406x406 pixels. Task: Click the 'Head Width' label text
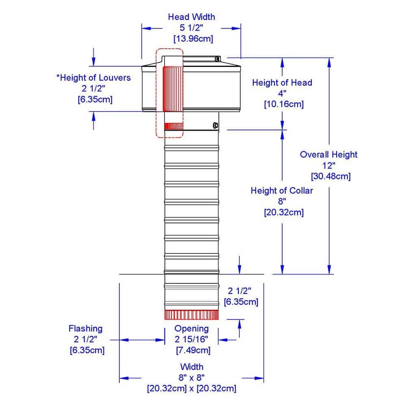191,17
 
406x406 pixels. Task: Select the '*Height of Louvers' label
93,78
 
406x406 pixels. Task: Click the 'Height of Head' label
282,83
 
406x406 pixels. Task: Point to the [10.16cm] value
284,104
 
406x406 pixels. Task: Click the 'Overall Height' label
329,154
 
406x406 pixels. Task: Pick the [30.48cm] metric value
330,177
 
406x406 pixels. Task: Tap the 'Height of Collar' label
282,190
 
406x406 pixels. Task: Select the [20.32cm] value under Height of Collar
284,212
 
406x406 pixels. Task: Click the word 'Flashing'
85,328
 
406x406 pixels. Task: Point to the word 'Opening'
192,328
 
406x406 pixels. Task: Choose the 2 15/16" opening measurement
192,339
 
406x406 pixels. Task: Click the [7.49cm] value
193,350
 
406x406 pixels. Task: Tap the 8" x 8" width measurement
192,378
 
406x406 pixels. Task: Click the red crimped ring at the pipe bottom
192,315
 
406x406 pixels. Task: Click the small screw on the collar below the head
216,125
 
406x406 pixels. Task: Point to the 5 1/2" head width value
192,28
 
